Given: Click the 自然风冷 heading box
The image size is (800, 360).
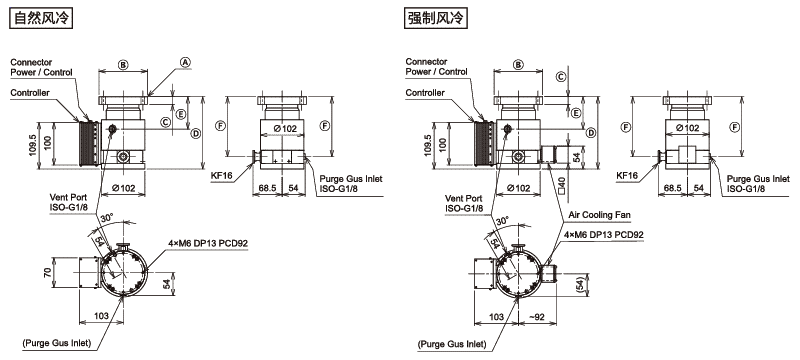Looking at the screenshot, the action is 41,18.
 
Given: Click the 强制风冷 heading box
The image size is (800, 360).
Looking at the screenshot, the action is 436,18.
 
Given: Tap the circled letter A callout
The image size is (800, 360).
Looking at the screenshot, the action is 186,62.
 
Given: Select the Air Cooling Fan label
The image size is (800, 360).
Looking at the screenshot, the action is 599,215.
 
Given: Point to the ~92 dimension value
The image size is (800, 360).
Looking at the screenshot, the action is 537,317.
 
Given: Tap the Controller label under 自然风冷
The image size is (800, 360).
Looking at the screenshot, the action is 30,93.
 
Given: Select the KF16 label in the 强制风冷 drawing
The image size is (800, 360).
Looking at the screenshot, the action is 627,175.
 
